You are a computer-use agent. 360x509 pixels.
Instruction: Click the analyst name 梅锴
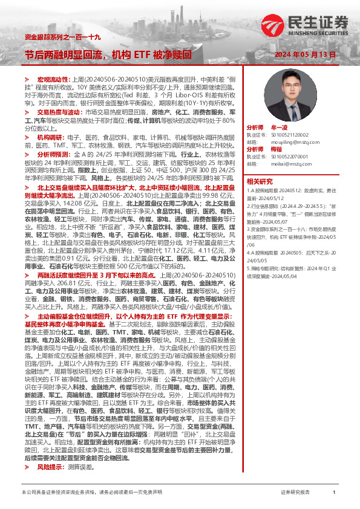tap(278, 148)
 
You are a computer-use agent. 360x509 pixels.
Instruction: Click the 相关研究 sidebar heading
tap(259, 181)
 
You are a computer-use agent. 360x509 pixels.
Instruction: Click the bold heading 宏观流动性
tap(54, 79)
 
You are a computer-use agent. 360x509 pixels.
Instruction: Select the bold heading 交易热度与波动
tap(58, 112)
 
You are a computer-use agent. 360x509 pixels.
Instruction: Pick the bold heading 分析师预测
tap(54, 154)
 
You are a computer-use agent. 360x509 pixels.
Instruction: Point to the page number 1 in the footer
tap(334, 493)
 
